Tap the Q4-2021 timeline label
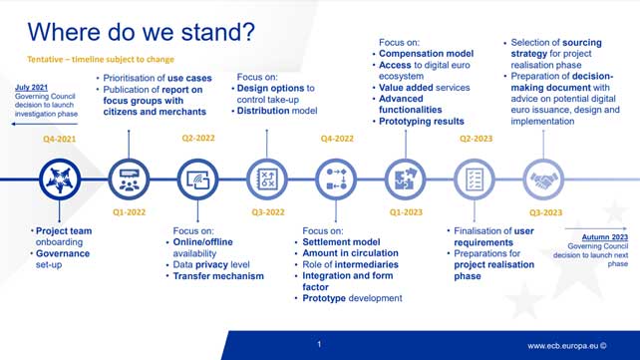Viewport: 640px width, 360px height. [x=61, y=142]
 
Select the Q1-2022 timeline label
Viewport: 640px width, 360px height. [x=129, y=212]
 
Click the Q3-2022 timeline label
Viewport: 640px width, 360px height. [x=265, y=212]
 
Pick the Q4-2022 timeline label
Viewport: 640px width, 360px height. [x=334, y=142]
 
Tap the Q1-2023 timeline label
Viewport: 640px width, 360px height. [x=404, y=212]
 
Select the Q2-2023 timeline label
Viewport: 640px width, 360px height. [x=474, y=142]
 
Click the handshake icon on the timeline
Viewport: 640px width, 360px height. [x=542, y=180]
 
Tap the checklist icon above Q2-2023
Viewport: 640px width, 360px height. [x=474, y=180]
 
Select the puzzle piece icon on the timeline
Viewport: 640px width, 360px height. [x=404, y=180]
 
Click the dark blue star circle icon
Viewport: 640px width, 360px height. [x=60, y=180]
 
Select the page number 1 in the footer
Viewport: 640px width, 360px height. [x=319, y=344]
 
